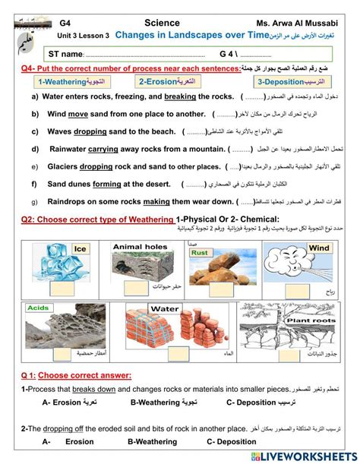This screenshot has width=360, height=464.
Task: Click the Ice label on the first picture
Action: (x=81, y=249)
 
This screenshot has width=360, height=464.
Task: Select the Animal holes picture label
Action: (x=140, y=247)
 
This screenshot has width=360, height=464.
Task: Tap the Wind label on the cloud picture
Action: (x=319, y=248)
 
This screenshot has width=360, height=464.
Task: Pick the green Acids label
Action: (x=39, y=308)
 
